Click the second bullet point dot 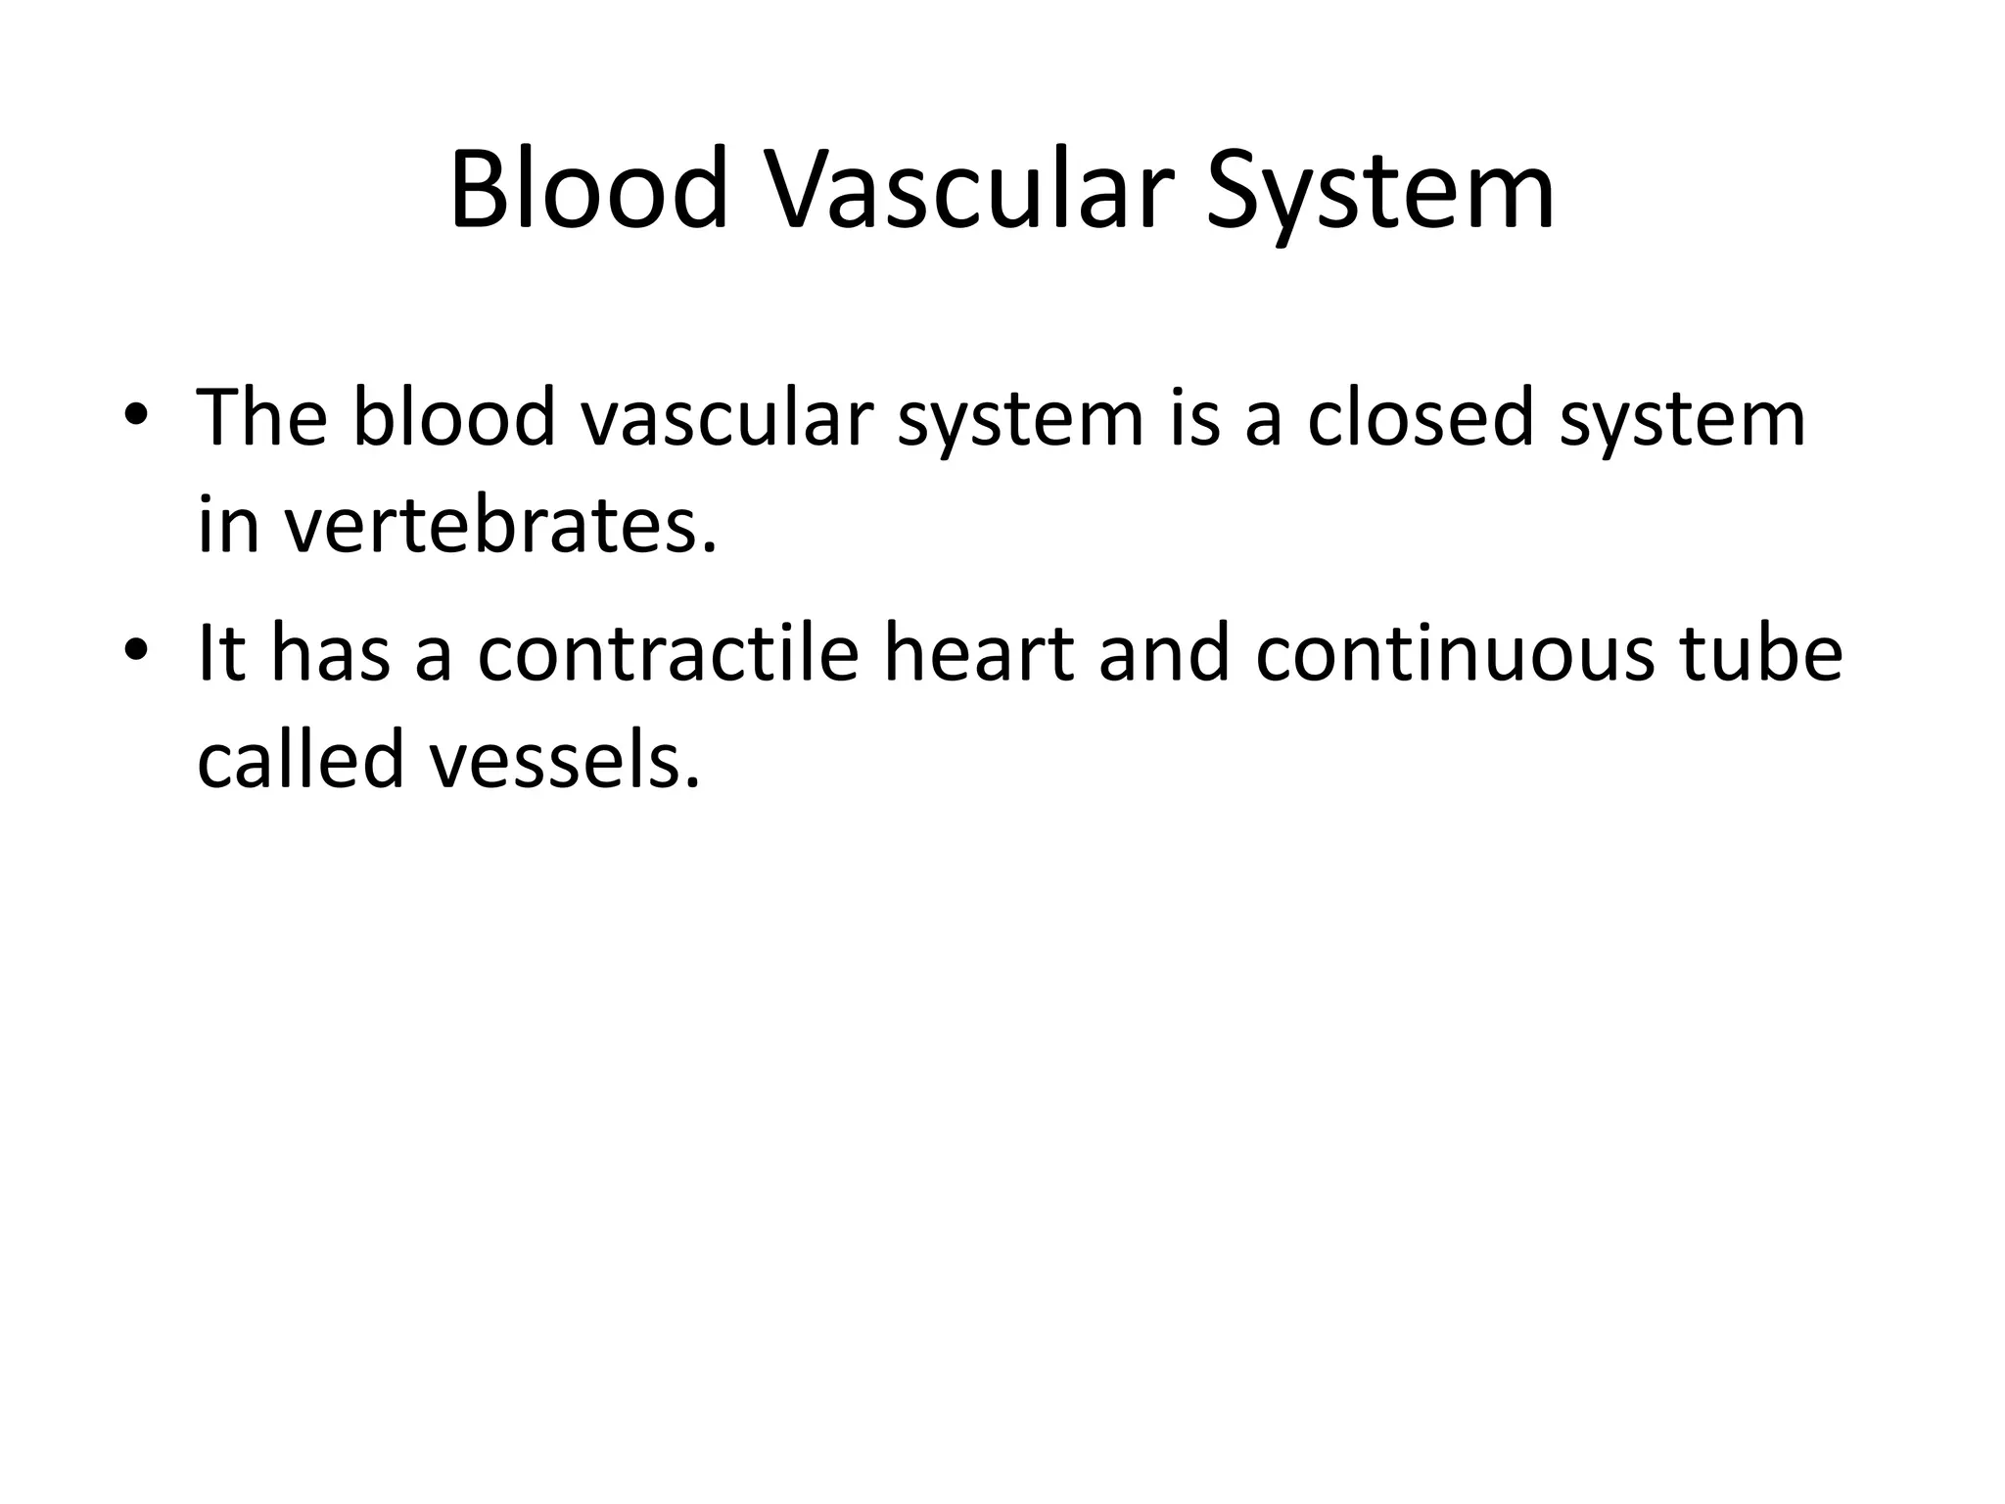point(136,650)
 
